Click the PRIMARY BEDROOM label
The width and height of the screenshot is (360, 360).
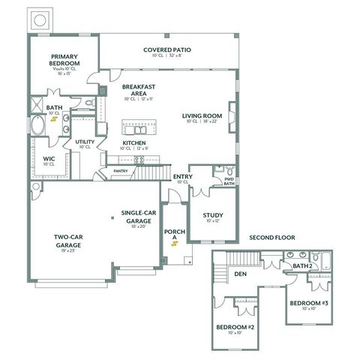(64, 60)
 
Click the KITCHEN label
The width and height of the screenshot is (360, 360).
(134, 142)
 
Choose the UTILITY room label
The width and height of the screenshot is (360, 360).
(84, 142)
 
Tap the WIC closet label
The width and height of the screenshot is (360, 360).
(49, 159)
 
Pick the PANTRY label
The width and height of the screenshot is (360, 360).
(120, 170)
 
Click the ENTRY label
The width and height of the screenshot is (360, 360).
(181, 178)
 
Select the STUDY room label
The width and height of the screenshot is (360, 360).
(212, 216)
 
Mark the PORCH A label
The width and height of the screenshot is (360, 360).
(174, 234)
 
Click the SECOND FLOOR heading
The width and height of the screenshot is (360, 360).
(272, 238)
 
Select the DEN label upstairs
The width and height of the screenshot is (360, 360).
(241, 274)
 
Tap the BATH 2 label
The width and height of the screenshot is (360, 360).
(302, 265)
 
